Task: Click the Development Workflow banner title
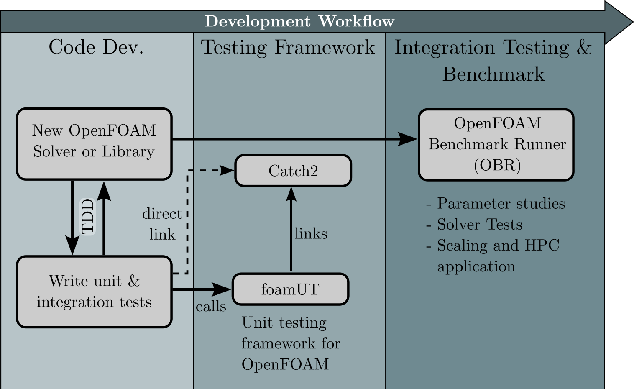[299, 21]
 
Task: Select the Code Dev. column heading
[96, 47]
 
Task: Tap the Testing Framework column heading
[288, 47]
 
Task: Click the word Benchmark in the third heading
[493, 74]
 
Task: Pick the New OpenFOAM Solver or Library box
[94, 143]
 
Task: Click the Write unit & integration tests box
[94, 292]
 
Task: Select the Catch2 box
[293, 171]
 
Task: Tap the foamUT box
[290, 289]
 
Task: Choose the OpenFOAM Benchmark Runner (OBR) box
[496, 144]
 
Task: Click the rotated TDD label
[88, 216]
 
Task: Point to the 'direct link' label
[162, 224]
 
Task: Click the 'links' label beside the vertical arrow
[311, 233]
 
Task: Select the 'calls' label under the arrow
[211, 307]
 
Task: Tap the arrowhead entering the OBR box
[407, 139]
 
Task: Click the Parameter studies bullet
[501, 204]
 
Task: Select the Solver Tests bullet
[479, 225]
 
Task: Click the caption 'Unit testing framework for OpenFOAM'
[290, 343]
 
